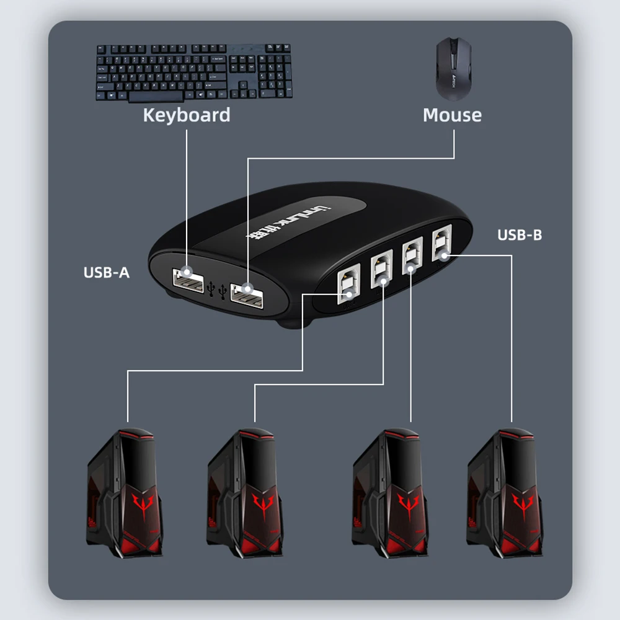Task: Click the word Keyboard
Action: [x=186, y=115]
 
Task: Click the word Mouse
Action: [x=452, y=115]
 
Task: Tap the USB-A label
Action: [x=107, y=272]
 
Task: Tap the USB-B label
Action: [x=520, y=235]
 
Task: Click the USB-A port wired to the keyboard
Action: [x=188, y=280]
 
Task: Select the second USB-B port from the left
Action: [x=381, y=270]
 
